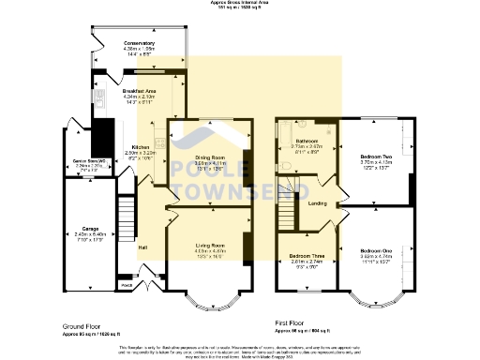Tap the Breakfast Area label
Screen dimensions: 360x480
[x=139, y=91]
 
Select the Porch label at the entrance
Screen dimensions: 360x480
[x=126, y=282]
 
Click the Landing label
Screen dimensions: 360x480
[x=317, y=202]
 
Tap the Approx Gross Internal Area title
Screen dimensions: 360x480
[x=239, y=4]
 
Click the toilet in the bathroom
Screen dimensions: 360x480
[x=284, y=167]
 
